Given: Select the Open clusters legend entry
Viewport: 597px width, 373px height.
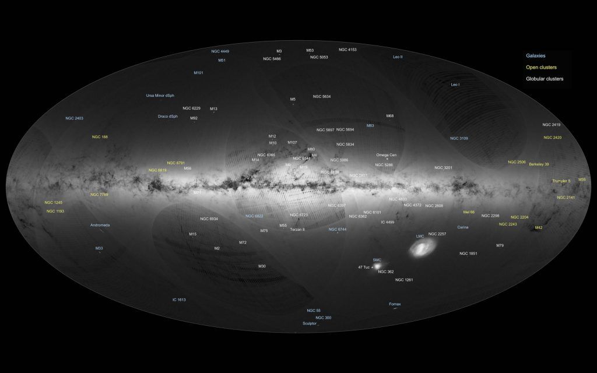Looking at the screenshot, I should pos(541,67).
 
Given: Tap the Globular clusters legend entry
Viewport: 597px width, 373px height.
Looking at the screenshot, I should pos(545,78).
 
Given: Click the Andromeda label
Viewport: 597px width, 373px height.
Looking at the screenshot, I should pos(100,225).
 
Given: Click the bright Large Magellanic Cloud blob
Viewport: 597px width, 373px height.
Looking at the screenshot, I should pos(420,248).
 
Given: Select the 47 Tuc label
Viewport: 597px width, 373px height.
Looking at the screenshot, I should pos(364,267).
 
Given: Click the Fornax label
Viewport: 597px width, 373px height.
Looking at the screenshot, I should pos(395,304).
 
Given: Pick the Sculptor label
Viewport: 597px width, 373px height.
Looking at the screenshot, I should pos(309,323).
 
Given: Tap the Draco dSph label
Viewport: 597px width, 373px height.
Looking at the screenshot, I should pos(167,116).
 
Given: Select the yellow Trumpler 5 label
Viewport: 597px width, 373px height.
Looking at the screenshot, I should pos(561,181).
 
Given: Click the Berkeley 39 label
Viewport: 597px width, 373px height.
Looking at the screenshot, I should pos(539,164).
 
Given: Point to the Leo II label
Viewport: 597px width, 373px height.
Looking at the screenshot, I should pos(398,57).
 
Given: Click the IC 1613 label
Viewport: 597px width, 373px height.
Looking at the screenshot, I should pos(178,300).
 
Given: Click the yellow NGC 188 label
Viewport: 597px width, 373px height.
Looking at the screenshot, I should pos(100,137).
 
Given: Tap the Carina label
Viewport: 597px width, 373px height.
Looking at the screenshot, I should pos(463,227).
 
